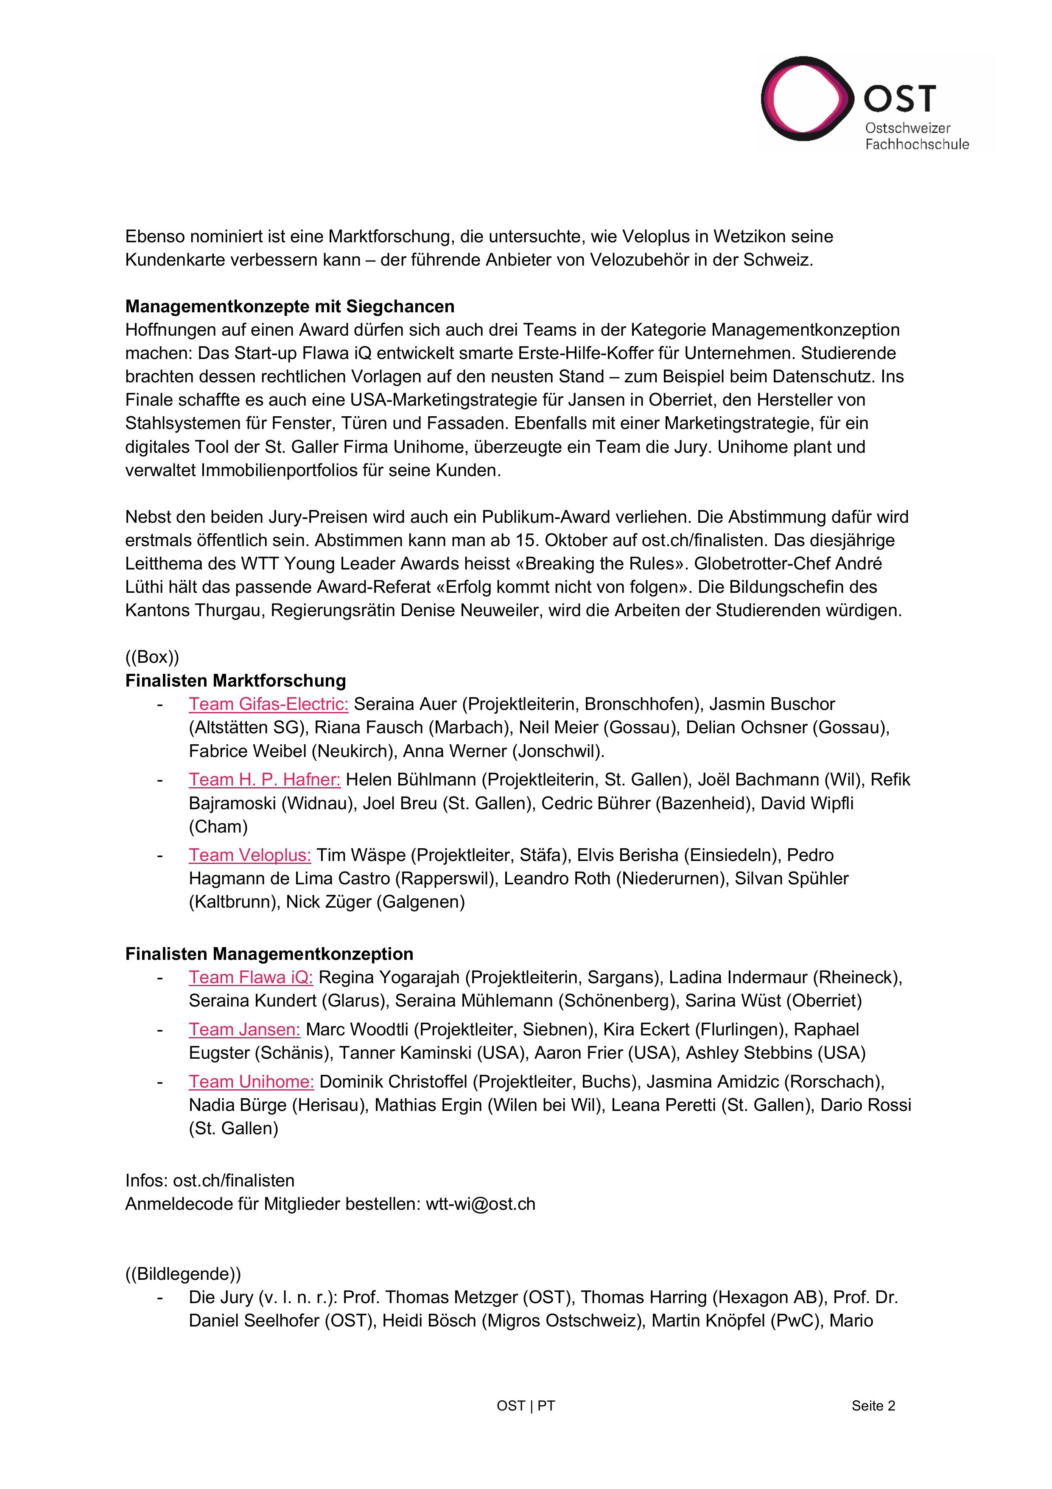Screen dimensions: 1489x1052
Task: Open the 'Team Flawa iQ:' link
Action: tap(251, 977)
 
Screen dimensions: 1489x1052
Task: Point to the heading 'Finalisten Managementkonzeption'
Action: tap(269, 953)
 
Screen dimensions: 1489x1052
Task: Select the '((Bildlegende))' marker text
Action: tap(183, 1274)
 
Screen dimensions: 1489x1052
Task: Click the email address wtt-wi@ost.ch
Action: tap(480, 1204)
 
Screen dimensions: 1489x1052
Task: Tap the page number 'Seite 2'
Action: tap(873, 1405)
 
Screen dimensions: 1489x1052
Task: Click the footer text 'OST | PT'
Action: tap(526, 1405)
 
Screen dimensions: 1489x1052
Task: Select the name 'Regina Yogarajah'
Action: tap(389, 977)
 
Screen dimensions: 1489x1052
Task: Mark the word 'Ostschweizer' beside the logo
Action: tap(907, 129)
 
